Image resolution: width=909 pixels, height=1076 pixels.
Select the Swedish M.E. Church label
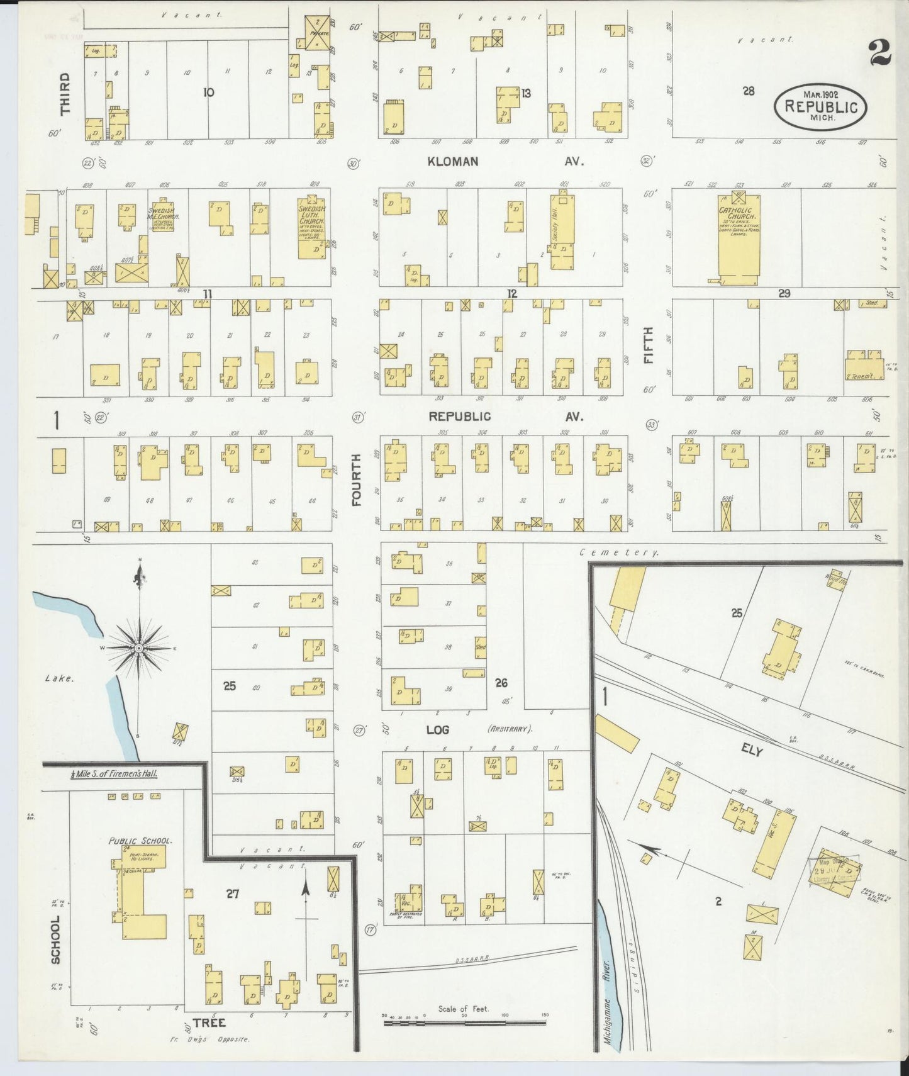(164, 214)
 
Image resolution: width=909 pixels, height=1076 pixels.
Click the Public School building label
(140, 840)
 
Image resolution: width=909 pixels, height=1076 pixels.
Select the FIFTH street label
(648, 344)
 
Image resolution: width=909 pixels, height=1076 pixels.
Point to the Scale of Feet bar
(466, 1024)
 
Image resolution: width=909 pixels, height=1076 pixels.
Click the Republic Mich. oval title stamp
(820, 106)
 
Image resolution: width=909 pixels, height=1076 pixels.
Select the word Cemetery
(619, 552)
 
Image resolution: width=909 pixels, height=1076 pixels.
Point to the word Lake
(60, 678)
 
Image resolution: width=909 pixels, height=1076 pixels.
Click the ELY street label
(752, 751)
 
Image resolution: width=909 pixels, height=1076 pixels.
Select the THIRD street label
(65, 94)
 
